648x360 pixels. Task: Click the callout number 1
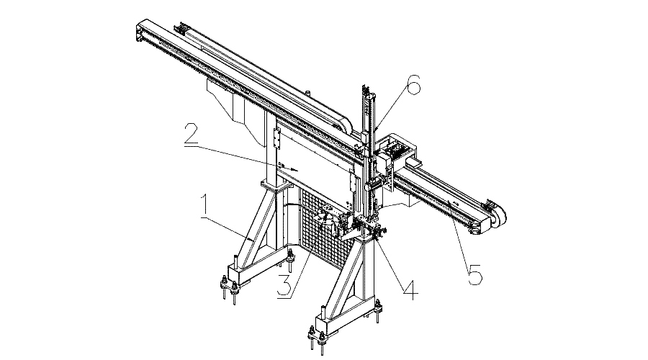click(x=204, y=207)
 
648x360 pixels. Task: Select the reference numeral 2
click(x=190, y=135)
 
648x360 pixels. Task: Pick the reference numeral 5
click(x=474, y=274)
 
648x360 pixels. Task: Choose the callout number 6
click(x=412, y=87)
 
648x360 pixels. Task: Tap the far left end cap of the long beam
click(x=138, y=32)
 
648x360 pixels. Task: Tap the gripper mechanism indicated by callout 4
click(x=375, y=231)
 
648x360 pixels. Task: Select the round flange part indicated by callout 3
click(x=328, y=220)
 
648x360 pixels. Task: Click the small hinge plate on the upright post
click(x=278, y=136)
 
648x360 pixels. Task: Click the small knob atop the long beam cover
click(x=307, y=91)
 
